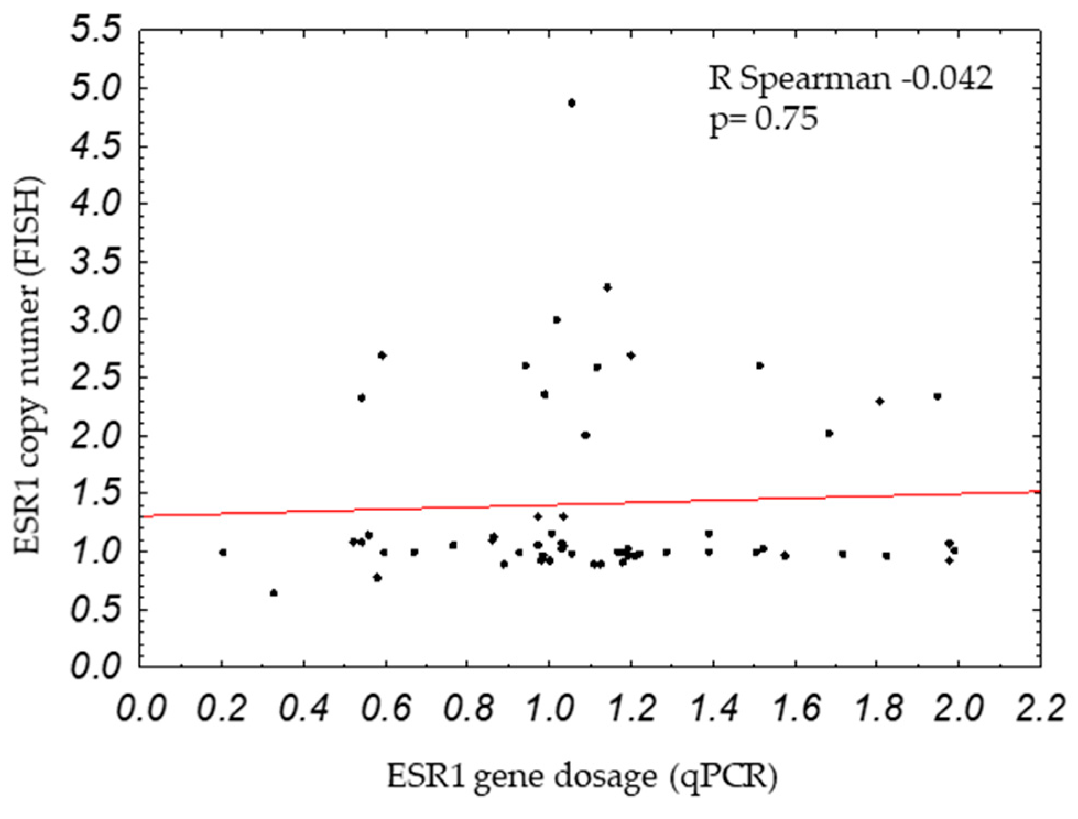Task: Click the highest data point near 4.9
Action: tap(571, 103)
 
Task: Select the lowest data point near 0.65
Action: tap(274, 593)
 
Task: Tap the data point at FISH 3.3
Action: tap(607, 287)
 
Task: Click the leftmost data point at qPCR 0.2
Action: tap(223, 552)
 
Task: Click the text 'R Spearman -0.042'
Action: tap(850, 79)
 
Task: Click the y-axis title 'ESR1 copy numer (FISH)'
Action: tap(29, 365)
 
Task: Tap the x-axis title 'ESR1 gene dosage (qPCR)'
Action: tap(581, 777)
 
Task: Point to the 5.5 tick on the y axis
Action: tap(96, 31)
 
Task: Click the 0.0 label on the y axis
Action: tap(96, 667)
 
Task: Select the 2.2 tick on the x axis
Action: tap(1040, 708)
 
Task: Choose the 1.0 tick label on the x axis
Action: tap(549, 708)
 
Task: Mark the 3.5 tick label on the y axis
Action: tap(96, 263)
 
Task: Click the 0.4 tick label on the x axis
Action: tap(304, 708)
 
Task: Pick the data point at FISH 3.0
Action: tap(557, 320)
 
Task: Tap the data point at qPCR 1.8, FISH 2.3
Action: tap(880, 401)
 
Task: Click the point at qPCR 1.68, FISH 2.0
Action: tap(829, 434)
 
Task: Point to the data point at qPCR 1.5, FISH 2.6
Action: tap(760, 365)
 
